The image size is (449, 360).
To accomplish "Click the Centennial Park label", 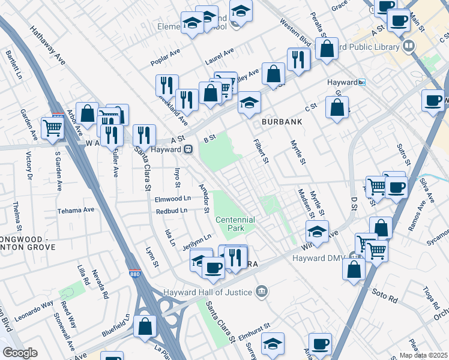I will click(235, 224).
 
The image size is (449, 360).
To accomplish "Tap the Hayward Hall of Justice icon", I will click(261, 292).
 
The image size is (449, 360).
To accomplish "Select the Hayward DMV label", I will click(321, 258).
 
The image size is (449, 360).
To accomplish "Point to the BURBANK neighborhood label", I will click(280, 121).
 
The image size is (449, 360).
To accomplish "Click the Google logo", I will click(20, 353).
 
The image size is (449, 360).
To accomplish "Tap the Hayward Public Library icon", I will click(409, 46).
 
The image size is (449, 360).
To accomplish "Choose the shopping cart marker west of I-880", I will click(52, 127).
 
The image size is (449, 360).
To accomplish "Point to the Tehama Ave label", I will click(76, 211).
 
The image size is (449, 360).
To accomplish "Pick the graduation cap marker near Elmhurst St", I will click(273, 344).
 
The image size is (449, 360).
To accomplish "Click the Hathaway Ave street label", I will click(47, 46).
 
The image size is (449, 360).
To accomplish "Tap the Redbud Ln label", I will click(172, 211).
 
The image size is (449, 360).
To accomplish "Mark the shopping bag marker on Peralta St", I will click(326, 50).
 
